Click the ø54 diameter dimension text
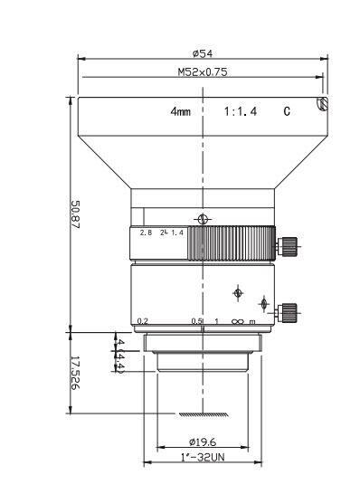click(202, 54)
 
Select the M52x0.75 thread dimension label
click(202, 71)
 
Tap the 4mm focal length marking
click(181, 112)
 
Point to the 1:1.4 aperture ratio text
click(242, 112)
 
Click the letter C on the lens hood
click(287, 112)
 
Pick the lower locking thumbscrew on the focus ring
click(289, 312)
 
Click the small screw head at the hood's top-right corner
click(319, 105)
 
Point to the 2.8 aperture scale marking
click(145, 233)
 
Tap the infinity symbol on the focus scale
click(236, 321)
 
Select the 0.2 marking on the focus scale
click(142, 321)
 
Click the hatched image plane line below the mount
click(203, 414)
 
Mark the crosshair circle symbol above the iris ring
click(203, 218)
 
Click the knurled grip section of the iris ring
click(235, 242)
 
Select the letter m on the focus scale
click(251, 321)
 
